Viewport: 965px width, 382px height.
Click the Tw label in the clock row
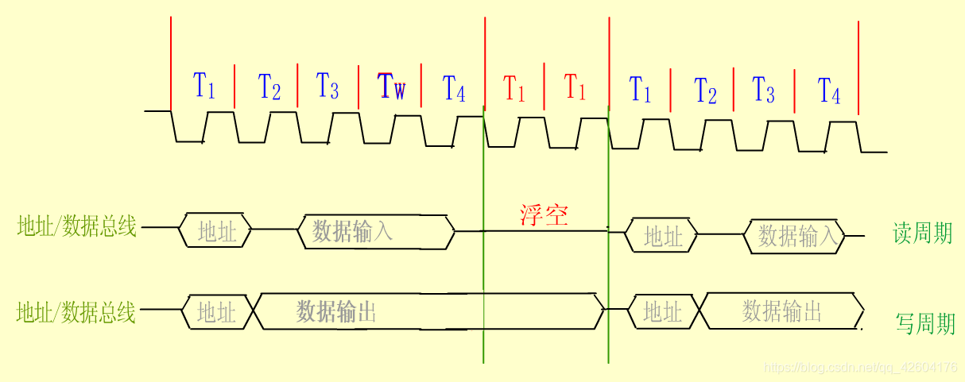392,86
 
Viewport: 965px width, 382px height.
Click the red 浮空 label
545,214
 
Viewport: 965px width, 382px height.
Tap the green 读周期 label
922,233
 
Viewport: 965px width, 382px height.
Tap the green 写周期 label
925,323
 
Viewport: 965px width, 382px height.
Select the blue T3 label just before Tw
327,86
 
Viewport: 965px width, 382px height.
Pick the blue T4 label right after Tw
454,88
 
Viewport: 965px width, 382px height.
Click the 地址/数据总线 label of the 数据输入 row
76,228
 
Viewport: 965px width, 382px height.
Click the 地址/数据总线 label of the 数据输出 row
76,312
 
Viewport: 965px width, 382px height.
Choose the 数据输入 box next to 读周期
795,236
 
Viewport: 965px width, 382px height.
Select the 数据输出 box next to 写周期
782,311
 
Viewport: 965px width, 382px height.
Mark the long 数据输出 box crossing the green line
429,311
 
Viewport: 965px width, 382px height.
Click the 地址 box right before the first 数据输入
217,231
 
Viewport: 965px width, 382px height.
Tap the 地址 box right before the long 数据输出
217,312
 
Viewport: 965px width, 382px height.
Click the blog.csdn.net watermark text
858,368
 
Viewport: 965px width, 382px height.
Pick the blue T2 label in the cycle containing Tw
269,87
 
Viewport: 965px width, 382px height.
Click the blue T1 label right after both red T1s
640,89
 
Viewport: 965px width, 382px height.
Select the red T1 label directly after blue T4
515,88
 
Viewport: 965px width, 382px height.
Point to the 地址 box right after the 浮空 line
662,236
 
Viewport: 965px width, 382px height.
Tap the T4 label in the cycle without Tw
829,91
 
